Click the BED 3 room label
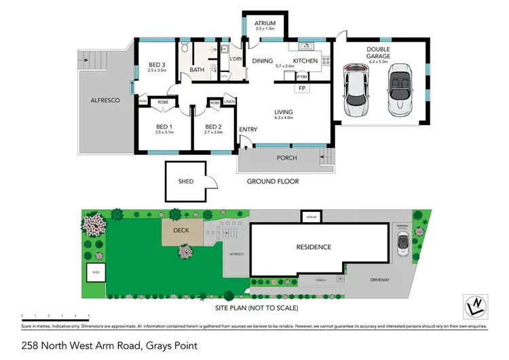pos(157,65)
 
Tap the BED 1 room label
pos(165,126)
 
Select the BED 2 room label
pos(213,126)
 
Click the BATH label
pos(197,69)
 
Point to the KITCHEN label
pos(305,61)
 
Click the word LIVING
pos(283,113)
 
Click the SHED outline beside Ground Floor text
pos(187,181)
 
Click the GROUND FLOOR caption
pos(272,181)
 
